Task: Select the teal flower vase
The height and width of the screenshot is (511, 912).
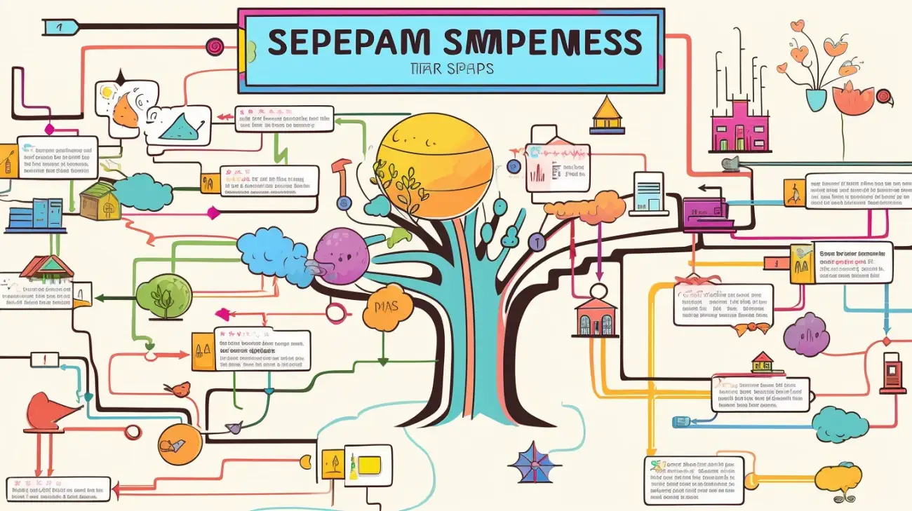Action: click(x=816, y=98)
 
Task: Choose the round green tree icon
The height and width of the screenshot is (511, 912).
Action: click(x=164, y=296)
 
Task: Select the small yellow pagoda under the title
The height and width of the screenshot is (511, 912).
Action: click(x=608, y=115)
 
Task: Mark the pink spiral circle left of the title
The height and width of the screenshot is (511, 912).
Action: click(x=214, y=46)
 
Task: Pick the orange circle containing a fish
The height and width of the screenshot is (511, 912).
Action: click(x=180, y=444)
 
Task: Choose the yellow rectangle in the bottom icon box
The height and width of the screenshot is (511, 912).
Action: click(x=369, y=463)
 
